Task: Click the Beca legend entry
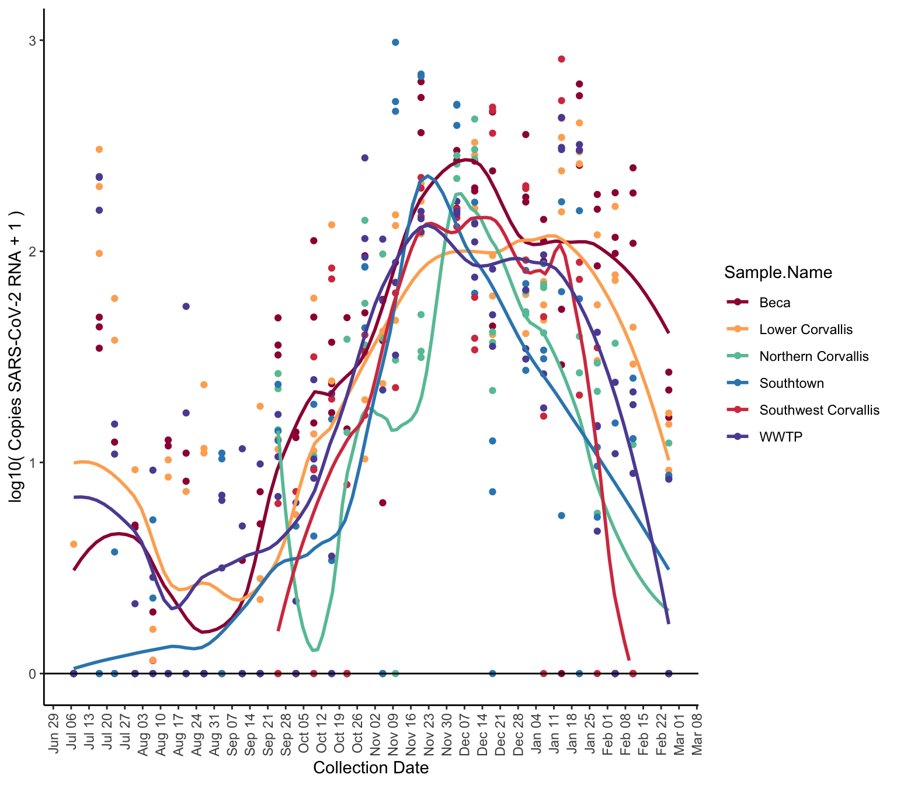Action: (x=774, y=303)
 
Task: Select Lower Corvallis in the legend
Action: (x=805, y=329)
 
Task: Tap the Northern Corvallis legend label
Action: (x=813, y=356)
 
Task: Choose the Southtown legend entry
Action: (x=791, y=383)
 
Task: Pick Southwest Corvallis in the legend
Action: (x=819, y=410)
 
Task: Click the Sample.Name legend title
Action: (x=778, y=272)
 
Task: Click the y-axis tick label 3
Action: (x=33, y=40)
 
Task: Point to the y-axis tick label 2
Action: (x=33, y=252)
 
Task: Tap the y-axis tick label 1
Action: (x=33, y=463)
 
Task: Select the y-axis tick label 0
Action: (x=33, y=673)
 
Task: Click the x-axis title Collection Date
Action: (x=371, y=767)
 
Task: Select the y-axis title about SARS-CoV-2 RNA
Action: (x=17, y=356)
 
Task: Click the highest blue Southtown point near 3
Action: (x=395, y=42)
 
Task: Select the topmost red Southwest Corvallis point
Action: (x=561, y=59)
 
